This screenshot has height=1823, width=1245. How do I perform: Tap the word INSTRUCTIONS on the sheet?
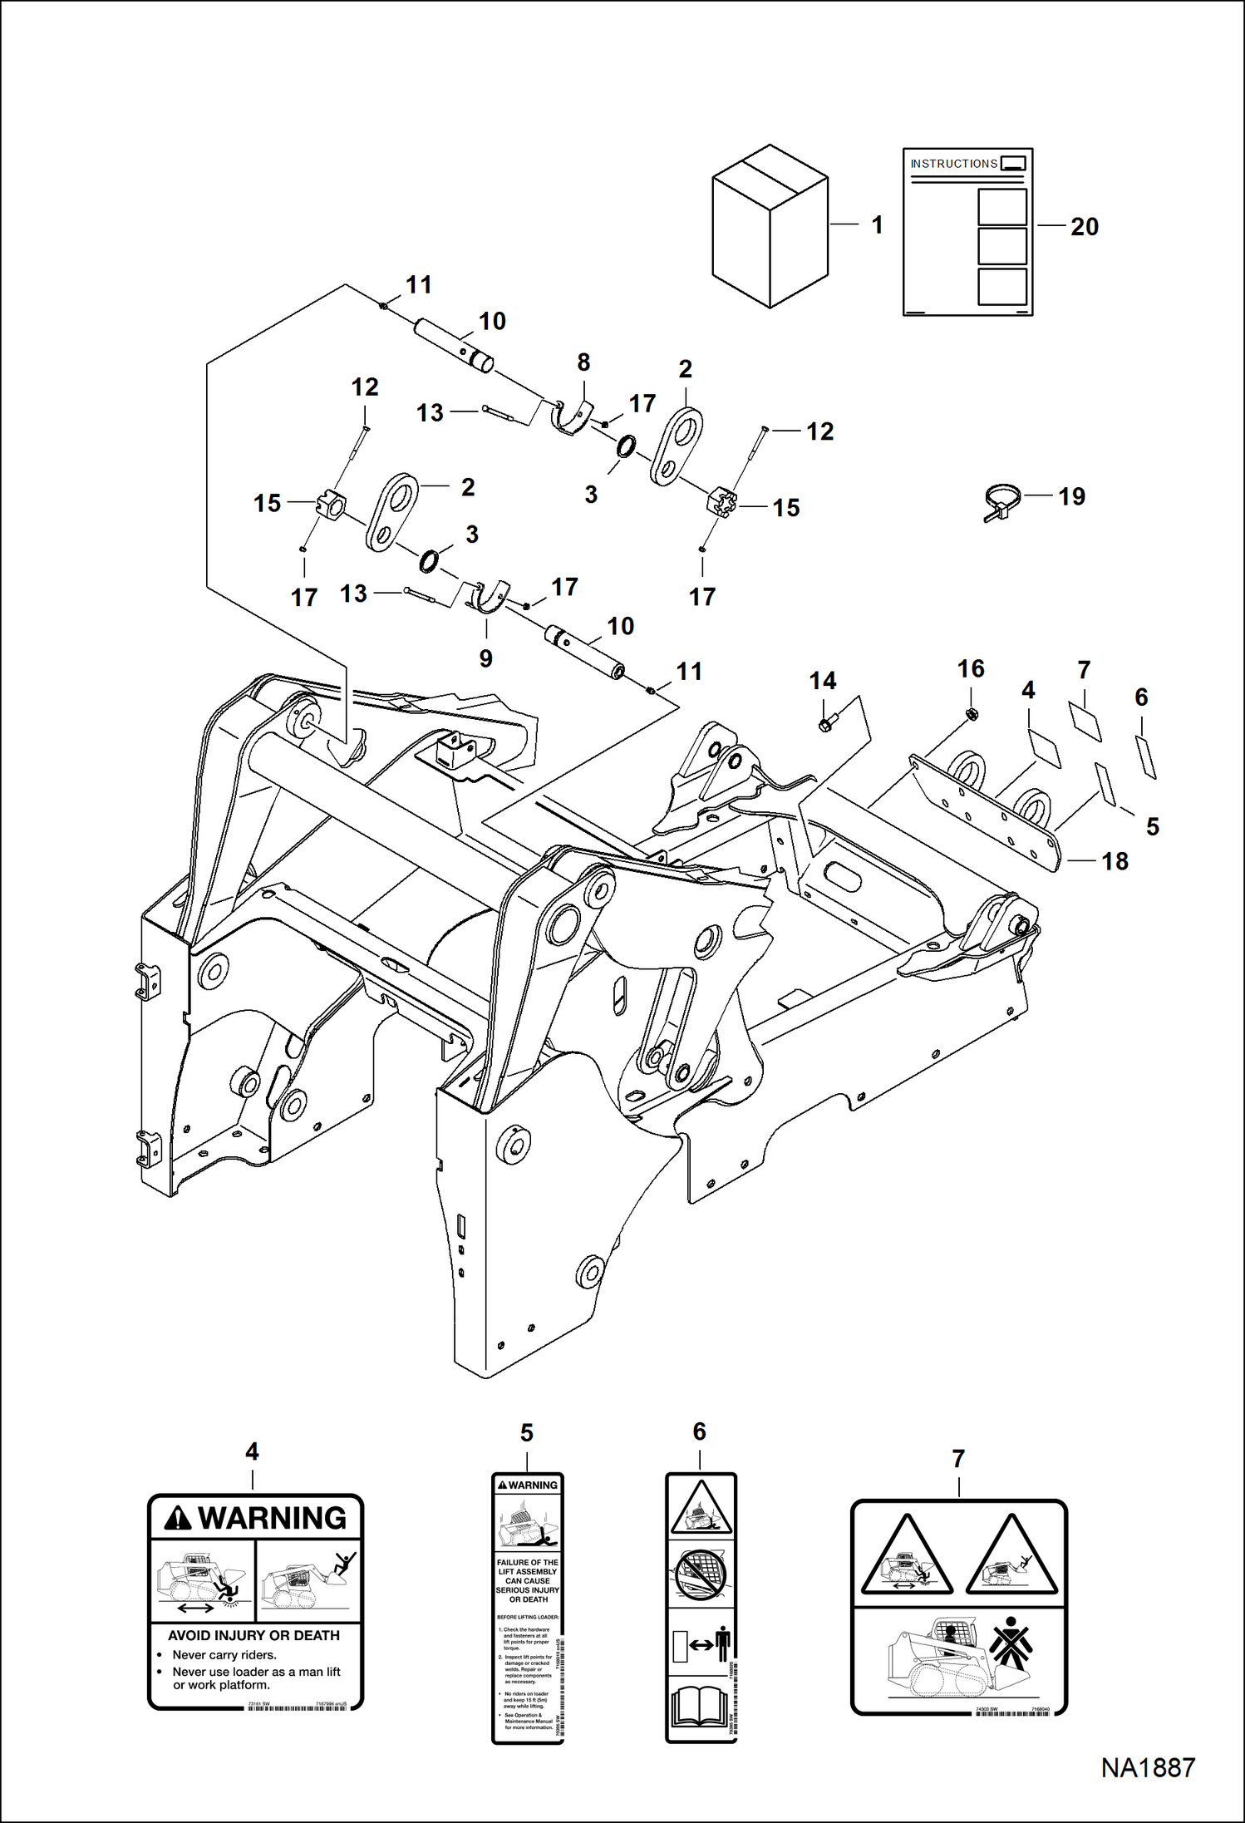click(953, 164)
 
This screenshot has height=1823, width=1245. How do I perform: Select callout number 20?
click(1084, 227)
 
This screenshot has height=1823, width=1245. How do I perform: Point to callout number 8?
click(583, 362)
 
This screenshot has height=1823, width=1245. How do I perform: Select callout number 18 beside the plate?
click(1115, 861)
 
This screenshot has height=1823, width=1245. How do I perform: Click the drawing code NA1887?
click(1148, 1768)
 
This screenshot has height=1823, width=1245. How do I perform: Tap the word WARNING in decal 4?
click(272, 1519)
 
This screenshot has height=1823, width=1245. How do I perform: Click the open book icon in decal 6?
click(700, 1707)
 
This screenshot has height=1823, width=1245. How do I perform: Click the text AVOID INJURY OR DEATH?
click(253, 1635)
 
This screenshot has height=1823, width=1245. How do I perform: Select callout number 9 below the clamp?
click(486, 658)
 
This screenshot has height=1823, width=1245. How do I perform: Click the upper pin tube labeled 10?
click(454, 342)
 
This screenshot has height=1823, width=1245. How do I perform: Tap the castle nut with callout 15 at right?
click(719, 504)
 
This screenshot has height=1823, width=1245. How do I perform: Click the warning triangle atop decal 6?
click(701, 1505)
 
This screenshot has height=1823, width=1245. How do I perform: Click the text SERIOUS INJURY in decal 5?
click(528, 1590)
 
